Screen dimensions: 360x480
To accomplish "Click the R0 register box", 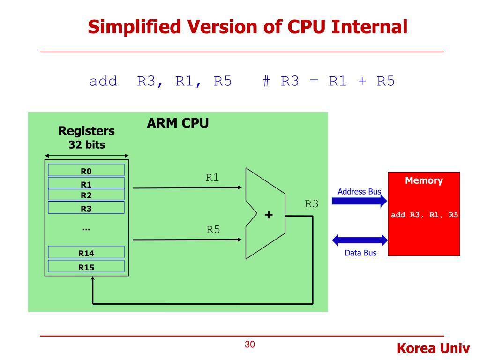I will (x=86, y=170).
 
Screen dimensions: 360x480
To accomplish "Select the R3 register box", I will (x=86, y=208).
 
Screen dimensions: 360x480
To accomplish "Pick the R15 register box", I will (x=86, y=267).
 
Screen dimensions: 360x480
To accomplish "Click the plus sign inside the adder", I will (x=269, y=215).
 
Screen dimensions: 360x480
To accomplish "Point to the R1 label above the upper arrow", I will (x=212, y=178).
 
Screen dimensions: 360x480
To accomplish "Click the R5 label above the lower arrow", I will (x=213, y=230).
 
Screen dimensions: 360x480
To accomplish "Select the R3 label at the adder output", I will (x=312, y=204).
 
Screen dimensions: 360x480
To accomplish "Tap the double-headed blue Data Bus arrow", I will (x=360, y=240).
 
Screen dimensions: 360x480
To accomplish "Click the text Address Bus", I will (x=359, y=192).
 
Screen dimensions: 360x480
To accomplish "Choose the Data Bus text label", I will (x=360, y=253).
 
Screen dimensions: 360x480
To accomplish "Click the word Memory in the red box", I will (x=424, y=180).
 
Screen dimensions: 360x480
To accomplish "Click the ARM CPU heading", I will (x=178, y=124).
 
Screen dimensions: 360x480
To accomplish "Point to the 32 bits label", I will (x=87, y=145).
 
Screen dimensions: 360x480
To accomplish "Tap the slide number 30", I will (x=250, y=345).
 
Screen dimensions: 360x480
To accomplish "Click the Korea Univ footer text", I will (x=433, y=348).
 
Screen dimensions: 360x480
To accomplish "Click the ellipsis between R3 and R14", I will (x=86, y=229).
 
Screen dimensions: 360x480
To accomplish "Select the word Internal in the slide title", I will (x=370, y=27).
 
